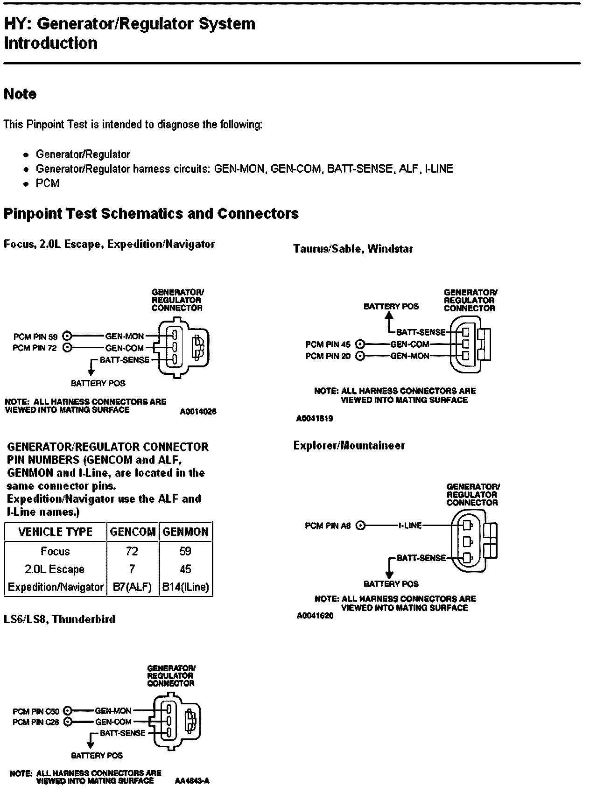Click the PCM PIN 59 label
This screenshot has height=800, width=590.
pyautogui.click(x=35, y=336)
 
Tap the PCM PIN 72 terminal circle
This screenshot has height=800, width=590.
pyautogui.click(x=67, y=348)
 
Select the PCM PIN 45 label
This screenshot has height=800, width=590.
pyautogui.click(x=328, y=344)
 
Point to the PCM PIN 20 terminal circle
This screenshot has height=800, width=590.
pyautogui.click(x=359, y=356)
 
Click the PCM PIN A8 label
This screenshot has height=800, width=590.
pyautogui.click(x=328, y=526)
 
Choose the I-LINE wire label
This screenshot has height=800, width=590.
pyautogui.click(x=410, y=526)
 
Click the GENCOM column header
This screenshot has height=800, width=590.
pyautogui.click(x=133, y=532)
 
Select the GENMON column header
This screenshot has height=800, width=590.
pyautogui.click(x=185, y=532)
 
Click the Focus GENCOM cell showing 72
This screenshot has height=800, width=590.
pyautogui.click(x=132, y=552)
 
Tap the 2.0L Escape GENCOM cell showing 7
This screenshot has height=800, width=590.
pyautogui.click(x=132, y=569)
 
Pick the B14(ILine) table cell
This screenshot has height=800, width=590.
pyautogui.click(x=185, y=587)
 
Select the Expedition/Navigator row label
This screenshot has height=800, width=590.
pyautogui.click(x=56, y=587)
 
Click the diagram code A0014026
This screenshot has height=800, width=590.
pyautogui.click(x=198, y=412)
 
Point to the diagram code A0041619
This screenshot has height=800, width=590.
pyautogui.click(x=314, y=419)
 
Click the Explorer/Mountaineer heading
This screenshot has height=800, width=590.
pyautogui.click(x=349, y=446)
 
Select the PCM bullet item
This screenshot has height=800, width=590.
pyautogui.click(x=48, y=183)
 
